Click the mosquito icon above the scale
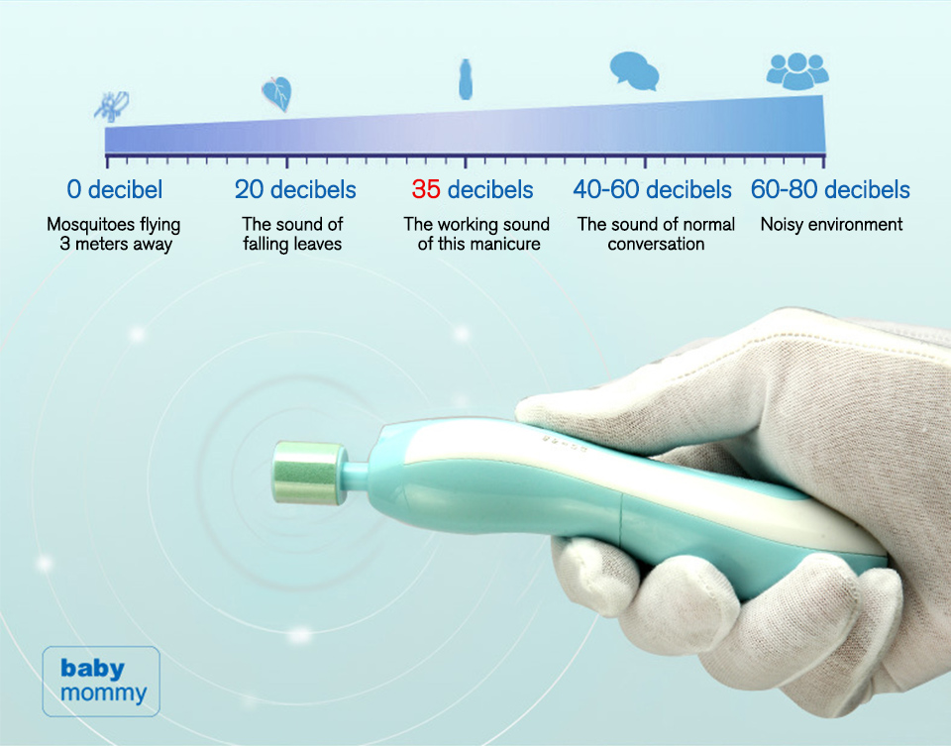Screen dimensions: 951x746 [x=112, y=106]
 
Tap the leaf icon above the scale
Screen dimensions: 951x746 [x=277, y=93]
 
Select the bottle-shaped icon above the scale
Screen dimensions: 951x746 [x=466, y=79]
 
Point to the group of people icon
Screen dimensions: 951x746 [x=796, y=71]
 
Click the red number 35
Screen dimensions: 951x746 [x=426, y=190]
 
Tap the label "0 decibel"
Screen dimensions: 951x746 [x=115, y=190]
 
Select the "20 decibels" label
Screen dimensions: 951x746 [x=295, y=190]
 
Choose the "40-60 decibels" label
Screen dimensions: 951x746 [x=652, y=190]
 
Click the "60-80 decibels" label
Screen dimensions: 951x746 [x=830, y=190]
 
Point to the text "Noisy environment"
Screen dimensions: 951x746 [x=831, y=225]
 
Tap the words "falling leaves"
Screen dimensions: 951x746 [x=292, y=244]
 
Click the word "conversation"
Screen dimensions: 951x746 [x=656, y=244]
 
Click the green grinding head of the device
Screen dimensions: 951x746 [x=309, y=474]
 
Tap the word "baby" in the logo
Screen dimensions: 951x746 [x=92, y=669]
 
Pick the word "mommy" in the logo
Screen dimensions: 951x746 [x=103, y=693]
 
